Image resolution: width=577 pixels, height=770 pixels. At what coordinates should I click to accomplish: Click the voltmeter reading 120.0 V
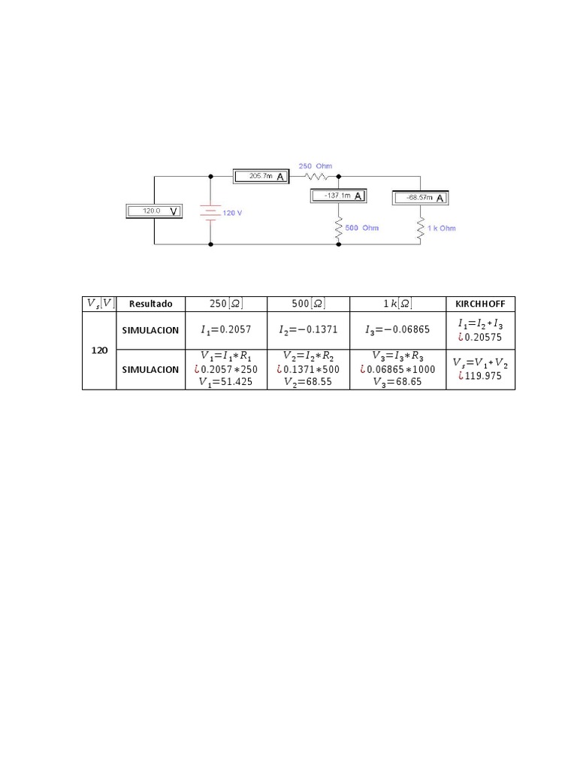[153, 211]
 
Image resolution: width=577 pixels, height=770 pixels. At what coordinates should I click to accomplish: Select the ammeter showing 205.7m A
[260, 176]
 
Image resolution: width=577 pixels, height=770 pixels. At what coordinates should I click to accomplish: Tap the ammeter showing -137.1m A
[339, 196]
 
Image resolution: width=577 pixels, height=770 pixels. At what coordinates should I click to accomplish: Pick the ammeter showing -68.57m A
[420, 198]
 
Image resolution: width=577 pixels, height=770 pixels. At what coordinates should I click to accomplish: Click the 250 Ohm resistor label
[316, 165]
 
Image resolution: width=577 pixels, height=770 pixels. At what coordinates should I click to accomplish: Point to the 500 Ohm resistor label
[362, 227]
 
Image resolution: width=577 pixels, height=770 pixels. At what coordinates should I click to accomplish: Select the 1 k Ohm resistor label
[443, 228]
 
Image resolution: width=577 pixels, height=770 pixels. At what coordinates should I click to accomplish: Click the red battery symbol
[210, 212]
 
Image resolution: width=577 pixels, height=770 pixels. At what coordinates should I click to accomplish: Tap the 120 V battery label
[233, 213]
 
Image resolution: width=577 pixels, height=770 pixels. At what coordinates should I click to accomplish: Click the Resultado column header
[150, 304]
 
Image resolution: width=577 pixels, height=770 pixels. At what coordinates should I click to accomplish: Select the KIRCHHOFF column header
[481, 304]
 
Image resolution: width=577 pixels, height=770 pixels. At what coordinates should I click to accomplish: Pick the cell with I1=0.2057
[226, 330]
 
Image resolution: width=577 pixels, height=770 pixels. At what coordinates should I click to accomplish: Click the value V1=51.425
[226, 382]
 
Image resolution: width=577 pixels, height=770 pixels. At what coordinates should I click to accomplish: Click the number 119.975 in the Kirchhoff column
[484, 376]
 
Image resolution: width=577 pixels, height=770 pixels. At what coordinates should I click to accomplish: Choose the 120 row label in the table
[98, 350]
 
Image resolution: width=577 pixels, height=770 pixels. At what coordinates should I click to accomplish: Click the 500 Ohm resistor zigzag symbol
[338, 226]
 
